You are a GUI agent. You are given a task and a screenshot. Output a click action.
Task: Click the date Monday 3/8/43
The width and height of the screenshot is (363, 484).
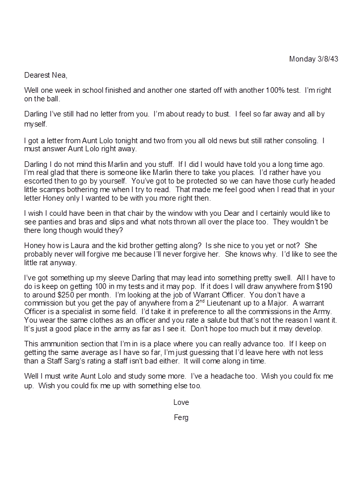click(313, 59)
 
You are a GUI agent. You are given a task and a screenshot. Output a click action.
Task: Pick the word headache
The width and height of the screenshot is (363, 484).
click(238, 377)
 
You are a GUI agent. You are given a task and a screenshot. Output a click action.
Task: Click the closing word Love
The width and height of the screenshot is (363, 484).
click(181, 402)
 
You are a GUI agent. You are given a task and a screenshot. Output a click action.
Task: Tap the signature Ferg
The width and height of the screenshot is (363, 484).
click(181, 417)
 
